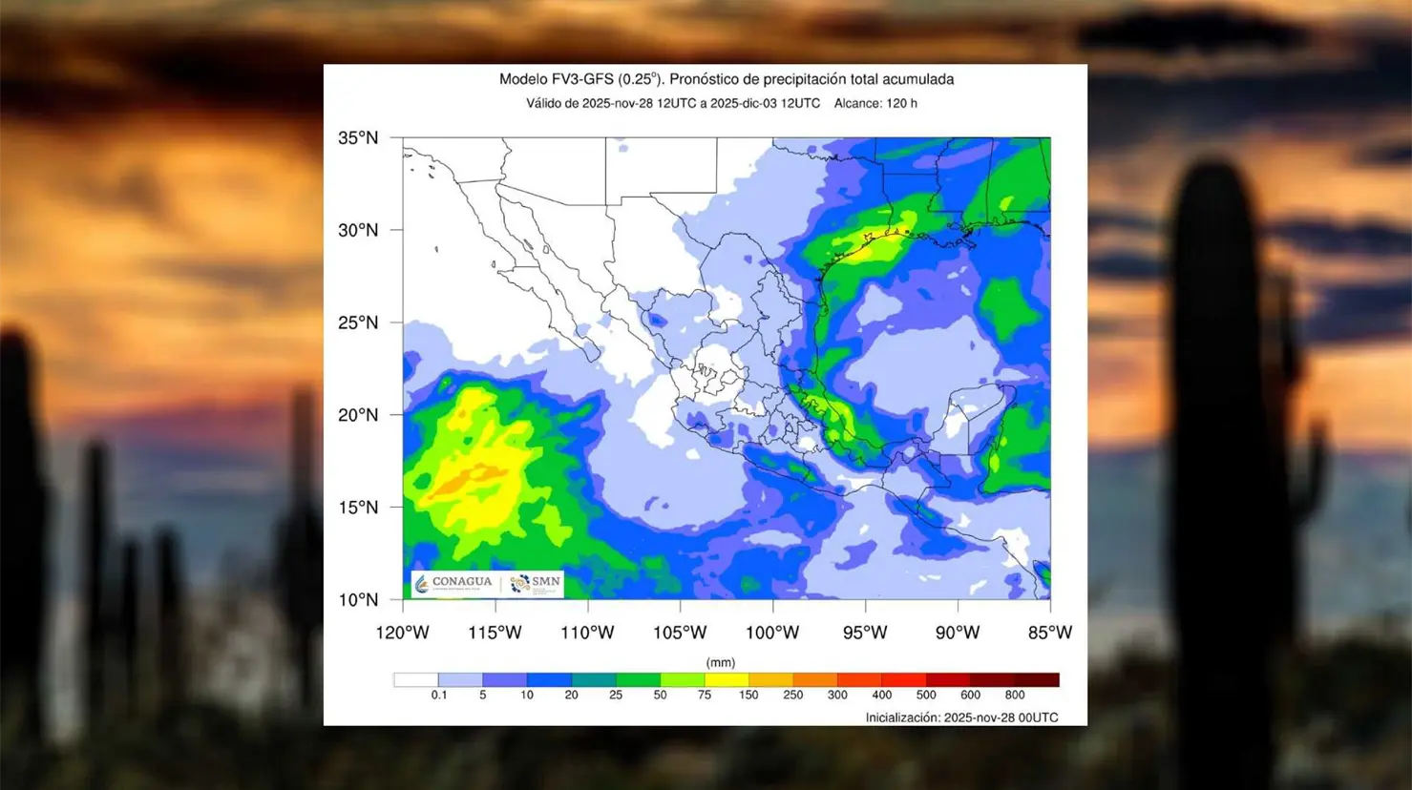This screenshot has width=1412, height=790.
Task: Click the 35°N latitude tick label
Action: point(358,138)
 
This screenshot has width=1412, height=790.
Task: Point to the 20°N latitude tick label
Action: point(358,415)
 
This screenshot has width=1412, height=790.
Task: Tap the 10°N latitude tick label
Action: point(358,600)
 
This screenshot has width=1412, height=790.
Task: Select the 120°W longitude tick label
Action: point(402,633)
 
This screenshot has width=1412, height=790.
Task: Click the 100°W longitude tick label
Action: point(772,633)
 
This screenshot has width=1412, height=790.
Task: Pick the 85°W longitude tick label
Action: point(1049,633)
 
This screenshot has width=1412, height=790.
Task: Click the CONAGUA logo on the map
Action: point(454,583)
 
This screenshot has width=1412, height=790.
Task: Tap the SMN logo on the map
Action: point(536,583)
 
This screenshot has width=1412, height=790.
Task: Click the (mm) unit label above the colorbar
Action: point(720,662)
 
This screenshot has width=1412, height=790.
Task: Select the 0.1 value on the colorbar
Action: point(438,696)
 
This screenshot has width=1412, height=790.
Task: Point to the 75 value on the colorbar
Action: point(704,696)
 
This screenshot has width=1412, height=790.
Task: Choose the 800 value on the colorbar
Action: point(1014,696)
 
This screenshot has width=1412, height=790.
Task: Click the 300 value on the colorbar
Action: point(837,696)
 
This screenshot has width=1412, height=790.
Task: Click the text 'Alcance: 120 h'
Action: point(875,103)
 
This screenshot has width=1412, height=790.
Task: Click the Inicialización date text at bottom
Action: point(961,717)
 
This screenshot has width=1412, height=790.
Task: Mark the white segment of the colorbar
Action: point(415,679)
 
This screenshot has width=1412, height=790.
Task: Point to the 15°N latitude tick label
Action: point(358,508)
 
